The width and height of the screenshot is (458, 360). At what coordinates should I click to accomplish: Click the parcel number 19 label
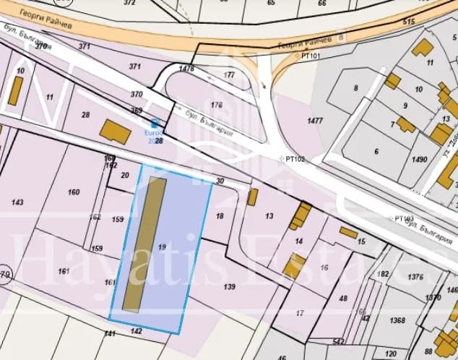click(162, 247)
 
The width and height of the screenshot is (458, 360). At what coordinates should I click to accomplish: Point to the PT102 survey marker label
click(295, 158)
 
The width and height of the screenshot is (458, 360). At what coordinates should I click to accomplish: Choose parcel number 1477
click(315, 121)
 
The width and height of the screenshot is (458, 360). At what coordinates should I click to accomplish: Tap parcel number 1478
click(186, 69)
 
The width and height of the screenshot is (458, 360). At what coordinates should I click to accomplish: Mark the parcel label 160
click(74, 192)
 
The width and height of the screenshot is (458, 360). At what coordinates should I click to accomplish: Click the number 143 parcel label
click(18, 202)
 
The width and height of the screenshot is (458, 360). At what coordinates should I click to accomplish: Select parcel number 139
click(229, 287)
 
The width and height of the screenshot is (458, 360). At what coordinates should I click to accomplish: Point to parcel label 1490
click(420, 160)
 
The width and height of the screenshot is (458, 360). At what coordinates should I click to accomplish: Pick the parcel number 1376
click(415, 277)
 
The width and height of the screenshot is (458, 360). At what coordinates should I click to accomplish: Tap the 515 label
click(409, 22)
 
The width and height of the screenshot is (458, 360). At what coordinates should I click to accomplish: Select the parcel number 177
click(230, 74)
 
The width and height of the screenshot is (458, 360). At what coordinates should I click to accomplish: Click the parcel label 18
click(220, 215)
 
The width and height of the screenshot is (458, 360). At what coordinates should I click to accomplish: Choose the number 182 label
click(383, 275)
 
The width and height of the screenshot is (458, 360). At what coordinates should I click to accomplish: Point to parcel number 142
click(137, 330)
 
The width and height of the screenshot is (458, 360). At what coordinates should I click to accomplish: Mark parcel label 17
click(300, 313)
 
